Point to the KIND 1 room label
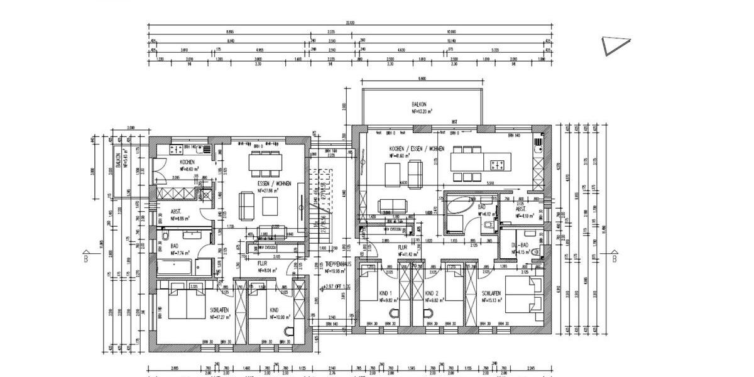(385, 293)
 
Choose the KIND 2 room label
(431, 293)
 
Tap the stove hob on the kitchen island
(498, 165)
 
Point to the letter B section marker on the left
(85, 258)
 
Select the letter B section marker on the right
(614, 258)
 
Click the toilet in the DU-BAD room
(535, 252)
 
